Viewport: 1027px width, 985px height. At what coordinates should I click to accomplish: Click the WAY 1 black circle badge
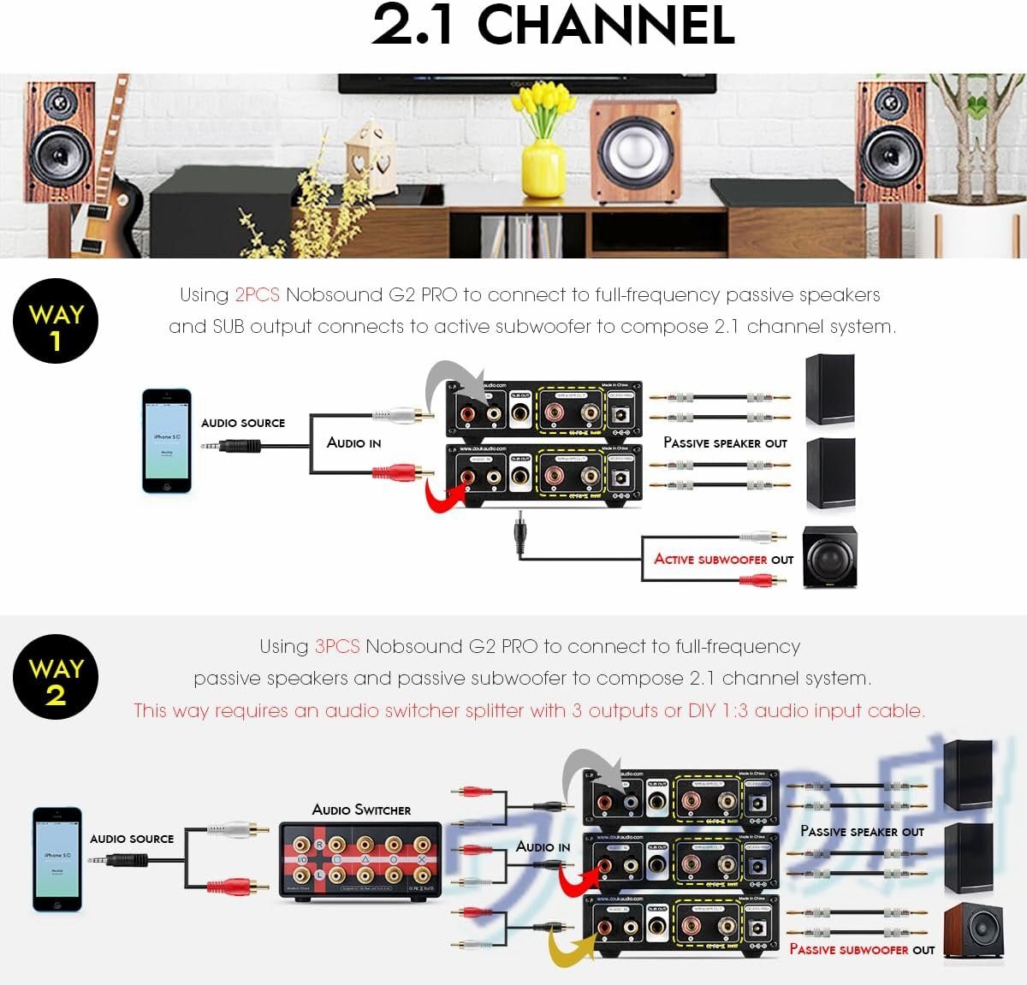click(x=56, y=322)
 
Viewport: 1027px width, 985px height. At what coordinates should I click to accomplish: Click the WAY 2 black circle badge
click(x=56, y=677)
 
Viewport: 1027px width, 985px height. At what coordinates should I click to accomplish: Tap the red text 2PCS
click(x=257, y=295)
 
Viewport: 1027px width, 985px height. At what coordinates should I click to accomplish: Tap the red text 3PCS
click(x=337, y=646)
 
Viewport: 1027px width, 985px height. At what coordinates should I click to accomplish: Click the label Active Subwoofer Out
click(x=723, y=559)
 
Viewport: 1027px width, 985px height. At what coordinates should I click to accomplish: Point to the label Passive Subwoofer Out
click(x=861, y=949)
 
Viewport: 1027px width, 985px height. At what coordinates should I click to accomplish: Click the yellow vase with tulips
click(x=543, y=167)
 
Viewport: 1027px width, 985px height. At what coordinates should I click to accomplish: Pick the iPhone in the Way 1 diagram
click(x=167, y=441)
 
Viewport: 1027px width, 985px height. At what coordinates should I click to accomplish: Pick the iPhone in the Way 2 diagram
click(x=57, y=858)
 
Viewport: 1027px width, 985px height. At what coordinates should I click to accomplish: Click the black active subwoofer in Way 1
click(x=829, y=557)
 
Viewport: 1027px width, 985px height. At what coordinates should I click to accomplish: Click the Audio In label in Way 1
click(x=353, y=442)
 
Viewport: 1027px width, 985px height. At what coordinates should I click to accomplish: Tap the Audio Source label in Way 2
click(x=132, y=839)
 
